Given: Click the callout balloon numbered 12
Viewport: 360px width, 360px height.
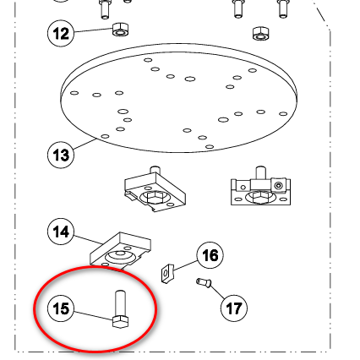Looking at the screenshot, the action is pos(61,33).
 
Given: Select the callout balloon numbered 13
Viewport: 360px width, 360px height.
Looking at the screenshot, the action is pos(61,155).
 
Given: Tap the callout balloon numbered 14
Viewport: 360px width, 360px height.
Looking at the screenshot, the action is pos(61,232).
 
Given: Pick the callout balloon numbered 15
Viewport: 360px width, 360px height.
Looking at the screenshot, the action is pos(61,308).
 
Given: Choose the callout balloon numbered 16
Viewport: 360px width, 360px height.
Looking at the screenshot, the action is pos(210,255).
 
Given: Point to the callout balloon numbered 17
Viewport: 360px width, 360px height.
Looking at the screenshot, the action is pos(234,308).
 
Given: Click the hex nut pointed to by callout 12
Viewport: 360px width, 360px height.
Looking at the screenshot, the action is pos(121,30).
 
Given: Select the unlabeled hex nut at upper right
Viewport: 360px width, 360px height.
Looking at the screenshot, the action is pos(260,33).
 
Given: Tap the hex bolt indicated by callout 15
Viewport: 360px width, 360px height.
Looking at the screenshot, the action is pos(120,309).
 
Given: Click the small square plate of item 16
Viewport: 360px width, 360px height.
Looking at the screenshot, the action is pos(167,273).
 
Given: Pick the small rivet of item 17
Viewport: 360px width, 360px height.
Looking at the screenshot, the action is pos(204,282).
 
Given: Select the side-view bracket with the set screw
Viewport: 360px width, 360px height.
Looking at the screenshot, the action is pos(260,186).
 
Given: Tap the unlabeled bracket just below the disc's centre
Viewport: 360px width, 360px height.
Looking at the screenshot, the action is pos(155,189).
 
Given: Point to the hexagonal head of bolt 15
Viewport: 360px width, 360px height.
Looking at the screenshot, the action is pos(120,322).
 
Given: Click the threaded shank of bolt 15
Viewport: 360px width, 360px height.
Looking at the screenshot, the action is pos(120,303).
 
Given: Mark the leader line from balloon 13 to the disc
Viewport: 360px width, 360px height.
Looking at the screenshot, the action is pos(85,144).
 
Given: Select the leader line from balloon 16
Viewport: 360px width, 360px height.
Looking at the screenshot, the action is pos(185,265).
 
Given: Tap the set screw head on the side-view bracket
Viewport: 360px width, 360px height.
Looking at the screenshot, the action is pos(279,186).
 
